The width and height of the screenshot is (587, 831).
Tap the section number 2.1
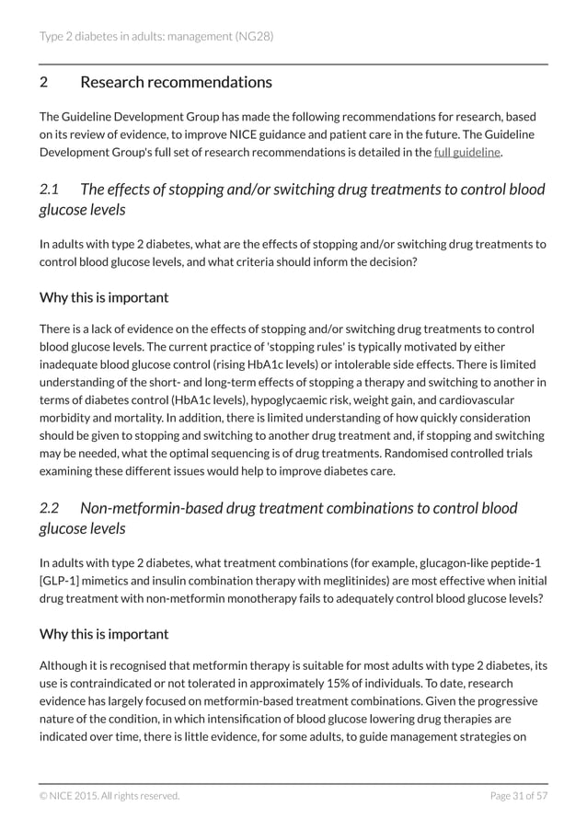point(50,190)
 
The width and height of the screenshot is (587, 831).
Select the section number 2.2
point(50,508)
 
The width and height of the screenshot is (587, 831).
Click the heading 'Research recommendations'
point(176,82)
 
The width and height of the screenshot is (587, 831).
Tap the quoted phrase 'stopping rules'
point(277,346)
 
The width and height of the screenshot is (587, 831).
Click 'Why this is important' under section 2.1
point(104,297)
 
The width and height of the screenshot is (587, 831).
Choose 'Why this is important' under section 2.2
point(104,634)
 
